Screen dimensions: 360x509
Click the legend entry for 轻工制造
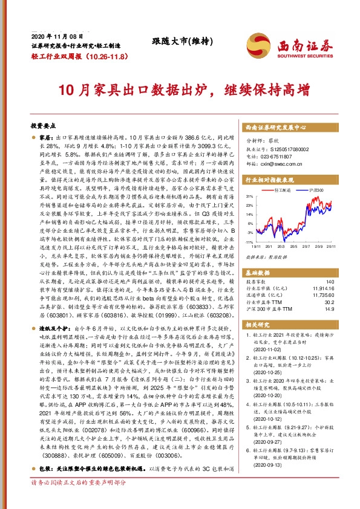click(x=281, y=190)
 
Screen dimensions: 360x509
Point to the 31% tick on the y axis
click(x=250, y=196)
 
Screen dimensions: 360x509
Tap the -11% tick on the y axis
click(x=249, y=242)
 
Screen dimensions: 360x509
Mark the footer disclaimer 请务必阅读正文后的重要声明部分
click(x=79, y=500)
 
